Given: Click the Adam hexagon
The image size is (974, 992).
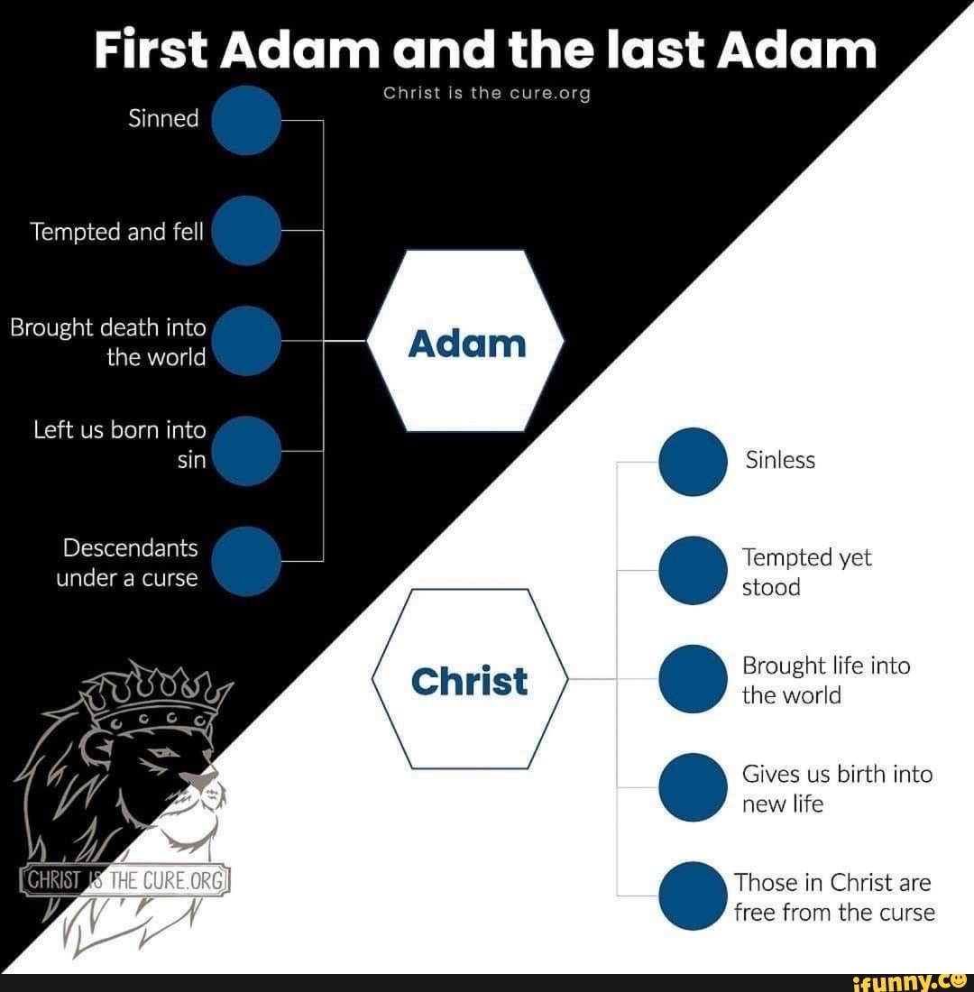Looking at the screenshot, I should (x=466, y=342).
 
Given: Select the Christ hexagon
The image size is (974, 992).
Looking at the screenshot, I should (x=469, y=679).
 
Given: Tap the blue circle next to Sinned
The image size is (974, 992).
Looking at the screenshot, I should (x=246, y=120).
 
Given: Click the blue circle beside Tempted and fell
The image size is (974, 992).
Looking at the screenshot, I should (x=246, y=231).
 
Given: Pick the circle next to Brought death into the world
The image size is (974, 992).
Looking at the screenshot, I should (x=246, y=341).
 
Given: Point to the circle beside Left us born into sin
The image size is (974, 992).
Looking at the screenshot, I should (x=246, y=451).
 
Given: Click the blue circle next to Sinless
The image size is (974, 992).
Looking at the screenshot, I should (x=693, y=461).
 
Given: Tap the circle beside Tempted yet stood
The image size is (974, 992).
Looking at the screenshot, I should (x=693, y=570).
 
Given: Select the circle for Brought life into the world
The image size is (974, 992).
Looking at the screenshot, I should (x=693, y=678).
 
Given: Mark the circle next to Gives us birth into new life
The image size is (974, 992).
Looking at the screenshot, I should (x=693, y=787).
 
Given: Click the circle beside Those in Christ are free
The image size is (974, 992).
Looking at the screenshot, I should (x=693, y=896).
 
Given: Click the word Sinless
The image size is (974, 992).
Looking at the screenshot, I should (x=780, y=461).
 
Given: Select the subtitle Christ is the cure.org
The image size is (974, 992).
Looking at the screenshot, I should (x=487, y=94).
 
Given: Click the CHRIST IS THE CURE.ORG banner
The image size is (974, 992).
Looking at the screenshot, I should (x=126, y=879).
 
